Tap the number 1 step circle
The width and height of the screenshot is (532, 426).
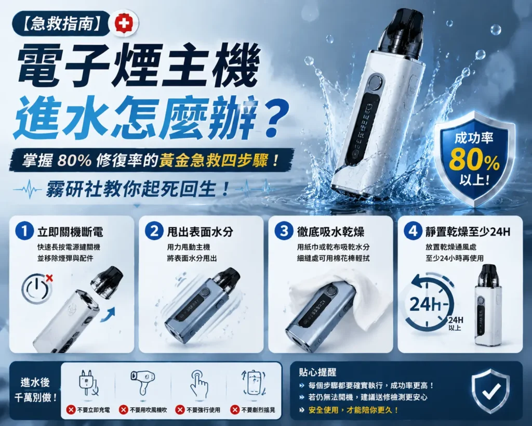click(24, 231)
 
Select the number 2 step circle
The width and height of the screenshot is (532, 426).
click(154, 231)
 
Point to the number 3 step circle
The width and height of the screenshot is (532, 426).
click(284, 231)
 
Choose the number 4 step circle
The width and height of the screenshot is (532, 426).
click(413, 231)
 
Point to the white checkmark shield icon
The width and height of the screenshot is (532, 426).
click(490, 391)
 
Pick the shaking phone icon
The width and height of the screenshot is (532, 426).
click(253, 383)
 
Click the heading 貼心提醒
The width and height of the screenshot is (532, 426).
click(317, 372)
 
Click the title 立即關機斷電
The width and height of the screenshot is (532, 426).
click(70, 232)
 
